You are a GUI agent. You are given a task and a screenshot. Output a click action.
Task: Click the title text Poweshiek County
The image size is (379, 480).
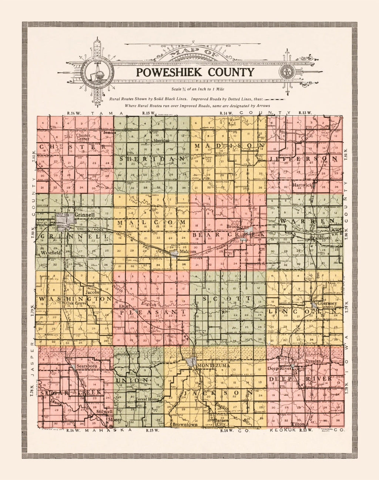pyautogui.click(x=195, y=72)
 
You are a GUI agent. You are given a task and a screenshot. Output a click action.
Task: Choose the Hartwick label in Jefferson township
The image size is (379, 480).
pyautogui.click(x=303, y=184)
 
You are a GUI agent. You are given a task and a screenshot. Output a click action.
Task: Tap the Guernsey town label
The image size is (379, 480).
pyautogui.click(x=327, y=303)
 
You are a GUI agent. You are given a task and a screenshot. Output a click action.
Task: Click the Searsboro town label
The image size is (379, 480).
pyautogui.click(x=87, y=366)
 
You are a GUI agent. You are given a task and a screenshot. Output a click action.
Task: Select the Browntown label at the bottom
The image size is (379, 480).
pyautogui.click(x=185, y=425)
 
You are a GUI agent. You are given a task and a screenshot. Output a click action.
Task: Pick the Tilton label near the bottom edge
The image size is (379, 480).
pyautogui.click(x=298, y=424)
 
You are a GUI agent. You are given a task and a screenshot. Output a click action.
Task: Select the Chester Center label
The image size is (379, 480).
pyautogui.click(x=83, y=137)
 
